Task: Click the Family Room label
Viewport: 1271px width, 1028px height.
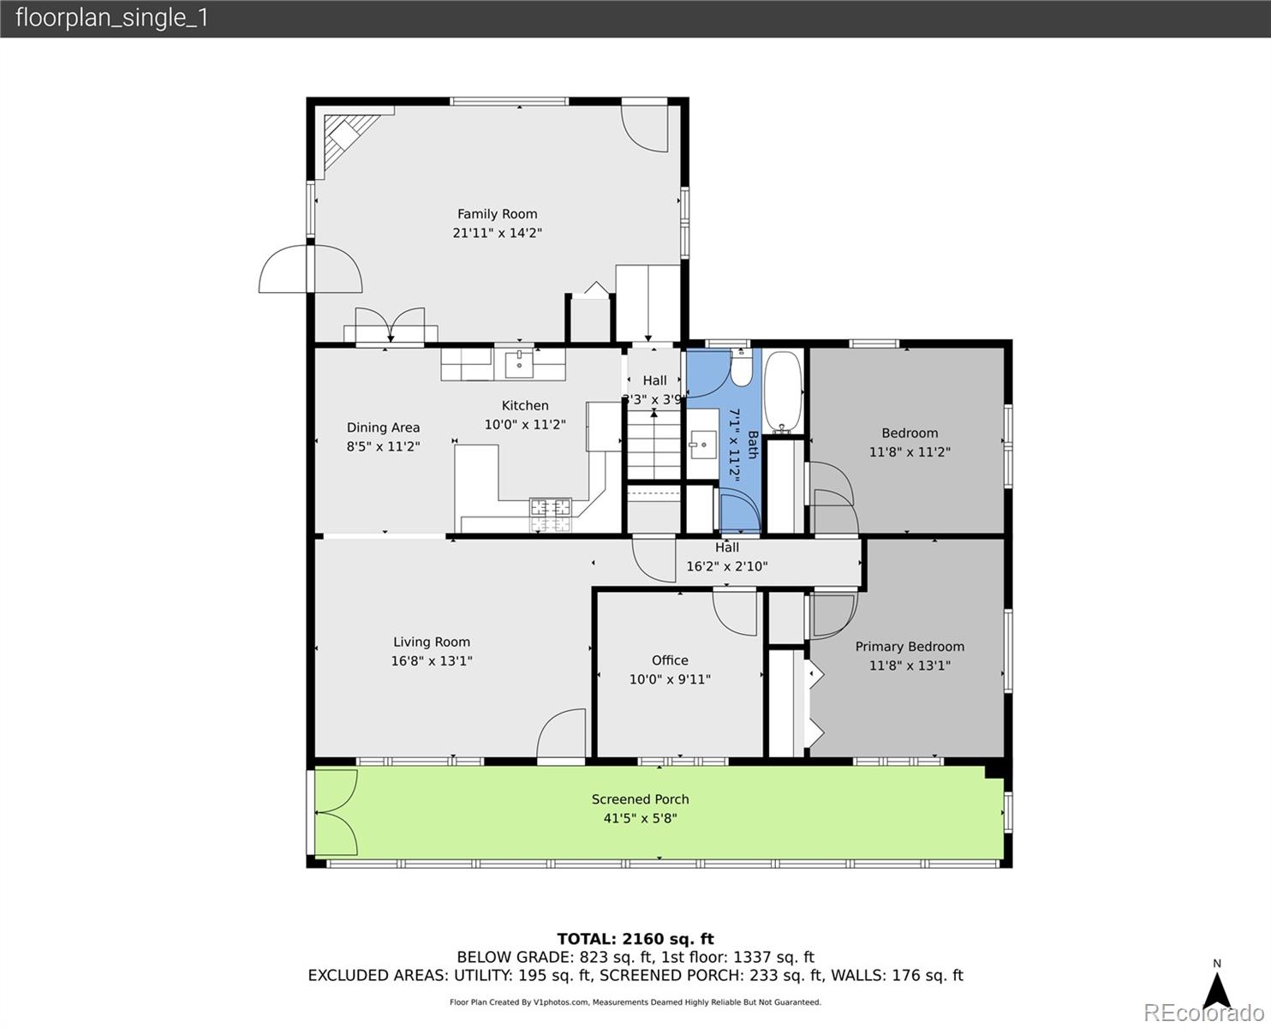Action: (x=497, y=214)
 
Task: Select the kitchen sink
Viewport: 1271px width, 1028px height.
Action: (x=519, y=363)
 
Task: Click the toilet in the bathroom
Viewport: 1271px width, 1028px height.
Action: (x=742, y=368)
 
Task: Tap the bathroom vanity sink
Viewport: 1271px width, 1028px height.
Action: (x=703, y=445)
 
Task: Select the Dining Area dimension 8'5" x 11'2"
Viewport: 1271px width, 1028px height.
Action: (x=383, y=446)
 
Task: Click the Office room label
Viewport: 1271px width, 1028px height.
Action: (x=670, y=660)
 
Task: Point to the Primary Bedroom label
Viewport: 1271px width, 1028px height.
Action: (x=910, y=647)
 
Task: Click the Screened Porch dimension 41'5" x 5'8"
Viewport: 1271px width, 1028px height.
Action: (x=640, y=818)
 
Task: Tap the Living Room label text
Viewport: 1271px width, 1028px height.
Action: (x=432, y=642)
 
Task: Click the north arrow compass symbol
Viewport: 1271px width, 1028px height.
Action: (x=1216, y=989)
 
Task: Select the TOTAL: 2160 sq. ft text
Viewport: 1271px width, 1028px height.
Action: (x=635, y=939)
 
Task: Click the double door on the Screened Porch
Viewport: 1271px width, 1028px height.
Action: (x=336, y=812)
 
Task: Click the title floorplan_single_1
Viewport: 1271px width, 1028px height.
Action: (x=112, y=18)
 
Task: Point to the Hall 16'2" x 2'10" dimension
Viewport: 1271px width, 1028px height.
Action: (x=726, y=566)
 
